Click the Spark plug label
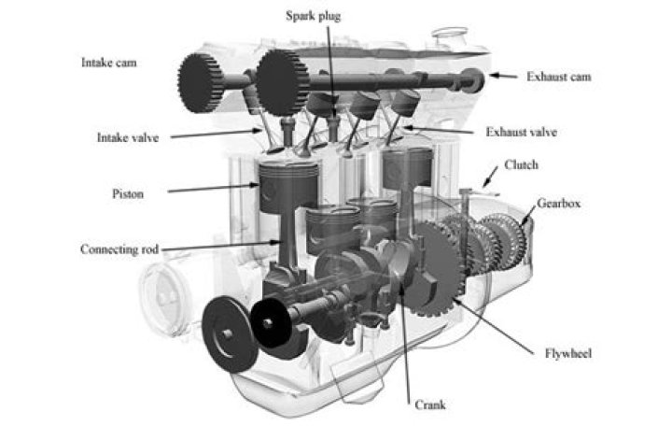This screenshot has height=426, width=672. click(x=314, y=16)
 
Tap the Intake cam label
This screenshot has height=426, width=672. click(x=109, y=63)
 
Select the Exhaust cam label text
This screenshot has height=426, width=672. click(x=559, y=77)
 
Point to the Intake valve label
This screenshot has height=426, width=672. click(x=128, y=137)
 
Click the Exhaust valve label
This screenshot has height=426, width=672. click(x=521, y=132)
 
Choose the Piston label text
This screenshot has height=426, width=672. click(x=128, y=194)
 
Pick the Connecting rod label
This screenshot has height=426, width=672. click(x=119, y=249)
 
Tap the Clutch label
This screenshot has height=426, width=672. click(x=521, y=164)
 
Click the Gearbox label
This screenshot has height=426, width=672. click(x=559, y=203)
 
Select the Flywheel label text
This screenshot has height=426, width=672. click(x=568, y=353)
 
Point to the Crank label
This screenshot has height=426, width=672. click(x=430, y=405)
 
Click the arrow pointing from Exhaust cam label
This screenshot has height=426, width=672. click(x=504, y=76)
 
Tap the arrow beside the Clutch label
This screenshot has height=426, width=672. click(x=490, y=177)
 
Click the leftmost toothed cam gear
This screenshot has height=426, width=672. click(x=200, y=83)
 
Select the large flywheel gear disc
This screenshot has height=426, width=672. click(x=434, y=268)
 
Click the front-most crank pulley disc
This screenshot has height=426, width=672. click(x=230, y=334)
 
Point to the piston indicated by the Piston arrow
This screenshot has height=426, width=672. click(x=288, y=187)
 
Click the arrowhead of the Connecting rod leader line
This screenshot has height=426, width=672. click(x=276, y=242)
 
